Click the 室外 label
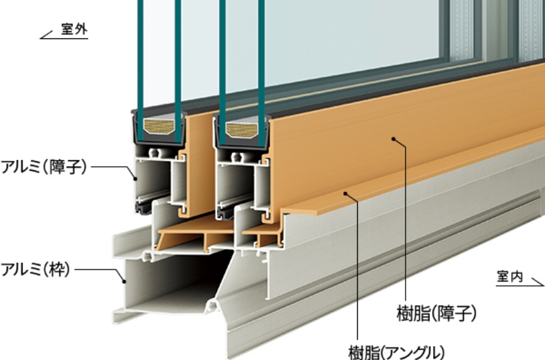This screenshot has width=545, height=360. [x=74, y=29]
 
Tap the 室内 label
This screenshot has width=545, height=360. [x=510, y=277]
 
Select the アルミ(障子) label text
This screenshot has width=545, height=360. [x=44, y=167]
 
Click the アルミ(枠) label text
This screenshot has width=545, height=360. [x=36, y=269]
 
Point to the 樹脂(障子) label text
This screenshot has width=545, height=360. [x=437, y=314]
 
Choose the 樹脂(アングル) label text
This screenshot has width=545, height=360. [x=396, y=352]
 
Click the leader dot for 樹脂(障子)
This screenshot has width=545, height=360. [x=394, y=139]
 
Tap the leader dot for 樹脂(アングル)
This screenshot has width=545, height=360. [x=345, y=193]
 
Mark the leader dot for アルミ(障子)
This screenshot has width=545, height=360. [x=135, y=179]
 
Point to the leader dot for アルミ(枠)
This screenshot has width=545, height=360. [x=124, y=281]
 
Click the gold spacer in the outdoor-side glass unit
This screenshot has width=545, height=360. [x=159, y=126]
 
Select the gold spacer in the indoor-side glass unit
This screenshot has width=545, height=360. [x=241, y=130]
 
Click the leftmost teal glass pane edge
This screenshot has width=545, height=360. [x=140, y=69]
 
